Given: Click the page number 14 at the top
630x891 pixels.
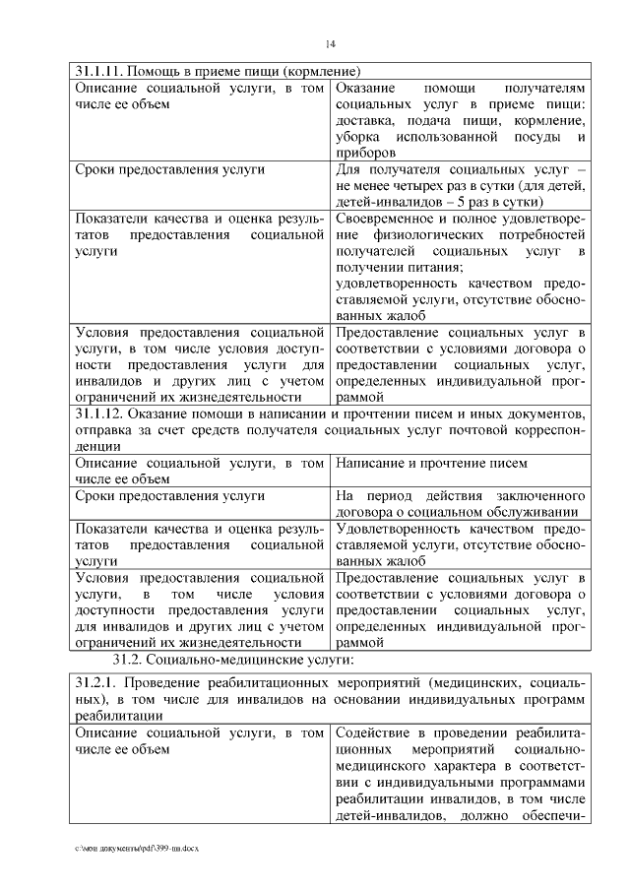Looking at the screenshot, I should point(331,43).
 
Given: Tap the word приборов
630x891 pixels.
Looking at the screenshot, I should point(365,153).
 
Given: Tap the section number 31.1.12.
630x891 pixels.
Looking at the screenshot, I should point(100,414).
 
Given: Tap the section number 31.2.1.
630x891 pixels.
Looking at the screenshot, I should point(96,681).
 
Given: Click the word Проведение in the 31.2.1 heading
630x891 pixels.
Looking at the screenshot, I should point(170,681).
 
